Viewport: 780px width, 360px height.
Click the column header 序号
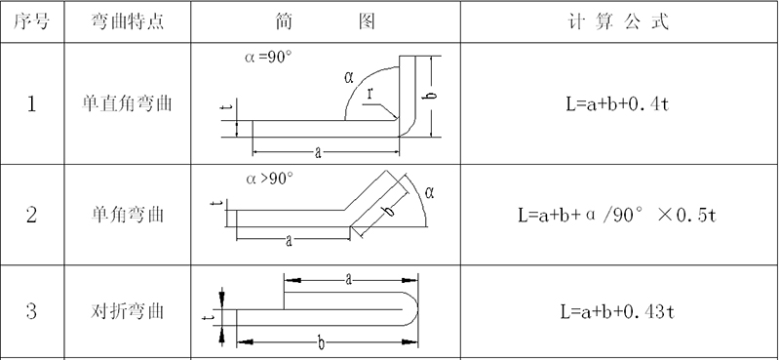click(x=31, y=21)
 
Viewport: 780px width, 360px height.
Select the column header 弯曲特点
click(x=128, y=21)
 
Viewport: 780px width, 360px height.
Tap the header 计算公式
click(x=618, y=21)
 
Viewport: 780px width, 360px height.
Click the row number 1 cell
click(x=31, y=104)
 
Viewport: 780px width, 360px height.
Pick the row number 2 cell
click(x=31, y=215)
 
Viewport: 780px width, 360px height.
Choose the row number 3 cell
click(x=31, y=311)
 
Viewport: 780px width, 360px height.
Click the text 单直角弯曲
click(x=128, y=103)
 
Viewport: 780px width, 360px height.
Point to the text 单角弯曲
click(x=128, y=215)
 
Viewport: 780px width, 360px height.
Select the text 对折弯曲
click(x=128, y=311)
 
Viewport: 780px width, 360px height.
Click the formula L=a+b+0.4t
click(x=617, y=104)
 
